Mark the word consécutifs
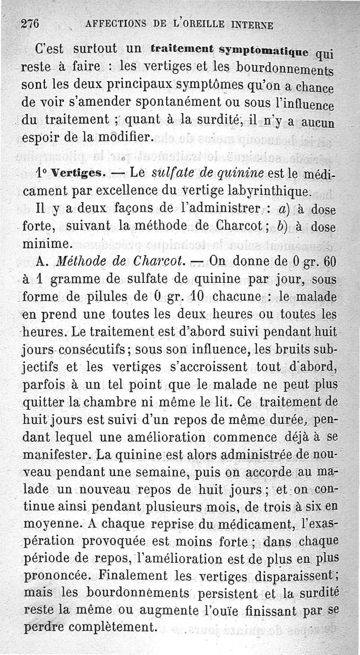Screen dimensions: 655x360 tap(99, 350)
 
